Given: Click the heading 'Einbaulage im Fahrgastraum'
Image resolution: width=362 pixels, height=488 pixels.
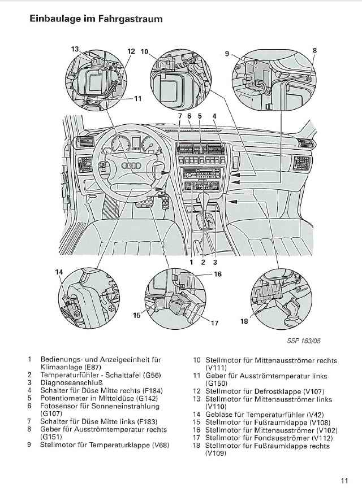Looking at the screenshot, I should pyautogui.click(x=96, y=19).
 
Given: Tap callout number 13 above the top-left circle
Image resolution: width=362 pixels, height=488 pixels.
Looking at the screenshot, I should pyautogui.click(x=75, y=50).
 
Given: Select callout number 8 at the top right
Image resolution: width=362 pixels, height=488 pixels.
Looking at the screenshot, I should pyautogui.click(x=314, y=50).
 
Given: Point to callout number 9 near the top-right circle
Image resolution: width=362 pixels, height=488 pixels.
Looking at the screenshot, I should pyautogui.click(x=227, y=54).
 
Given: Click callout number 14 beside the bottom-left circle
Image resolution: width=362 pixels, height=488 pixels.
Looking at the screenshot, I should pyautogui.click(x=59, y=273).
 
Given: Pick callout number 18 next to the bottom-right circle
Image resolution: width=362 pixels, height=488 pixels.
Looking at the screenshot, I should pyautogui.click(x=244, y=321).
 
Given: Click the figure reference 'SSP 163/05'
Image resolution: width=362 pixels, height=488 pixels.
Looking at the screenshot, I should pyautogui.click(x=307, y=341).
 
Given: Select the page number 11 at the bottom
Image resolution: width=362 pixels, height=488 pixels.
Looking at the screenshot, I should pyautogui.click(x=344, y=481).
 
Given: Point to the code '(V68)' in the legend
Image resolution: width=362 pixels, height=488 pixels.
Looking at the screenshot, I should pyautogui.click(x=161, y=445).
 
